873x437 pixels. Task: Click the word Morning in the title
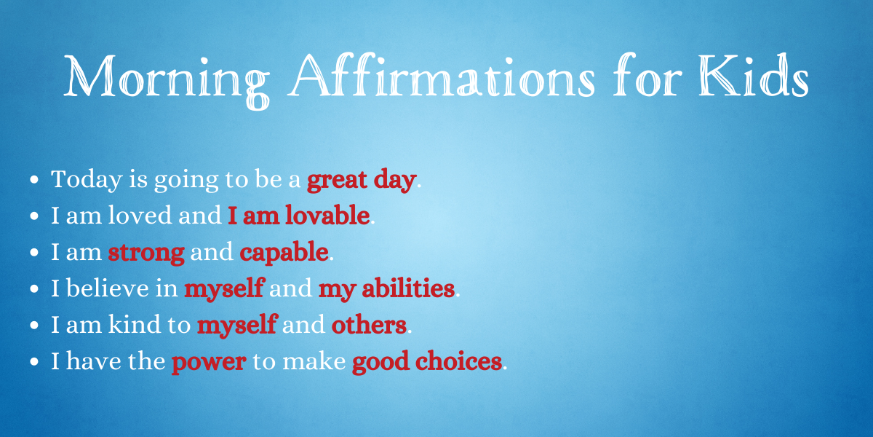[167, 81]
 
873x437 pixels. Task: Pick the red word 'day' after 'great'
[394, 181]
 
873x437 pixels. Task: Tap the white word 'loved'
[140, 215]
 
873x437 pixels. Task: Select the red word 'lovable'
[327, 215]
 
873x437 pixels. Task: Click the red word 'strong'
[146, 253]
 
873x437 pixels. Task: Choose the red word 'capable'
[284, 253]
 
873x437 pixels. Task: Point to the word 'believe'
[108, 288]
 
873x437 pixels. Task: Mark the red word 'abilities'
[408, 288]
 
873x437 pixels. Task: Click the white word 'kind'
[135, 324]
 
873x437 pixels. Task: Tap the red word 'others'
[369, 324]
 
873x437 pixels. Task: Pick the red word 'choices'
[458, 361]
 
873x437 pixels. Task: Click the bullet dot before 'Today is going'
[34, 179]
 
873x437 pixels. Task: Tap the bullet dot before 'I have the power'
[34, 361]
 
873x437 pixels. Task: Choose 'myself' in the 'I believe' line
[225, 289]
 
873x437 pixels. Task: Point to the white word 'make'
[314, 361]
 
